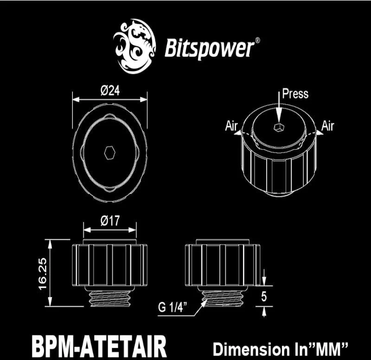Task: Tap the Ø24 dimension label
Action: pos(110,90)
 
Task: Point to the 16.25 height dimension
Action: pos(43,274)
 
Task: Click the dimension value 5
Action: pos(264,296)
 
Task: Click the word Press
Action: pos(295,94)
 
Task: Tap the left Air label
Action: pos(231,126)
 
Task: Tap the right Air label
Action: pos(328,126)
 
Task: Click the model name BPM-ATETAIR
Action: pos(99,347)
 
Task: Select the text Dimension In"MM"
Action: pos(281,349)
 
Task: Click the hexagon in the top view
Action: pos(109,153)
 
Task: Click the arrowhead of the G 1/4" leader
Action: pos(203,303)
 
